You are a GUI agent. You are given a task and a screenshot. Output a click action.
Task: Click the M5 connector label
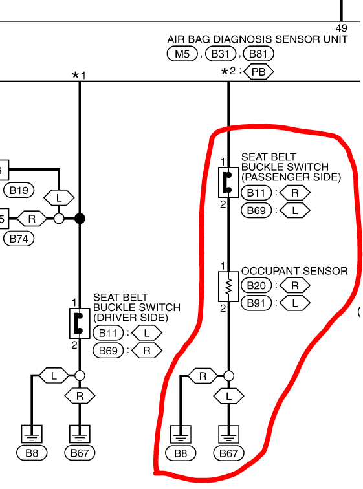click(x=182, y=54)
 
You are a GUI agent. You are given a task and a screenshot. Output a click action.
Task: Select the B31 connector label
click(x=221, y=54)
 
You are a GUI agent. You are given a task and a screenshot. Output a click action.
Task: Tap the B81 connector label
click(x=258, y=54)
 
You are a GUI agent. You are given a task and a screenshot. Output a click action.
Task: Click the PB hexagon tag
click(x=259, y=72)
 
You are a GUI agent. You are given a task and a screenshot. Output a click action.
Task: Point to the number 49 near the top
click(x=342, y=28)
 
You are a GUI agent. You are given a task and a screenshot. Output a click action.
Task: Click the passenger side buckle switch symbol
click(x=228, y=182)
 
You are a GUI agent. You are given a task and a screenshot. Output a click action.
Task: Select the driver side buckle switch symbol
click(x=80, y=323)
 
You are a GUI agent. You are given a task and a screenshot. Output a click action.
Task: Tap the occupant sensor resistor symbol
click(x=228, y=287)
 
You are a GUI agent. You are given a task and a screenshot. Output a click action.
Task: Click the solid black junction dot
click(x=80, y=219)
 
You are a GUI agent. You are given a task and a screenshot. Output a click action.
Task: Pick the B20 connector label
click(x=256, y=285)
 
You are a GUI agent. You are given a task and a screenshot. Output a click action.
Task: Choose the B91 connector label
click(x=256, y=303)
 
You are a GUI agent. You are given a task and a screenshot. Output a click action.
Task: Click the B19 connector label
click(x=19, y=190)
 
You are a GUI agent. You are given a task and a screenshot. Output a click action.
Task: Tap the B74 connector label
click(x=19, y=239)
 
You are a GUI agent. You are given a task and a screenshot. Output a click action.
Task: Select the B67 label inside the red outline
click(x=228, y=453)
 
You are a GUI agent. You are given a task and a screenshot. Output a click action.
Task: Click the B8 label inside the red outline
click(x=181, y=453)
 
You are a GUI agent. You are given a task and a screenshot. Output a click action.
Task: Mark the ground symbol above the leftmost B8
click(x=32, y=434)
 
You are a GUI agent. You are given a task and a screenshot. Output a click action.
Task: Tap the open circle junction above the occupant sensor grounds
click(x=228, y=376)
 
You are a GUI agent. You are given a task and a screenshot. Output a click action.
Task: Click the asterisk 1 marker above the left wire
click(x=78, y=76)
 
